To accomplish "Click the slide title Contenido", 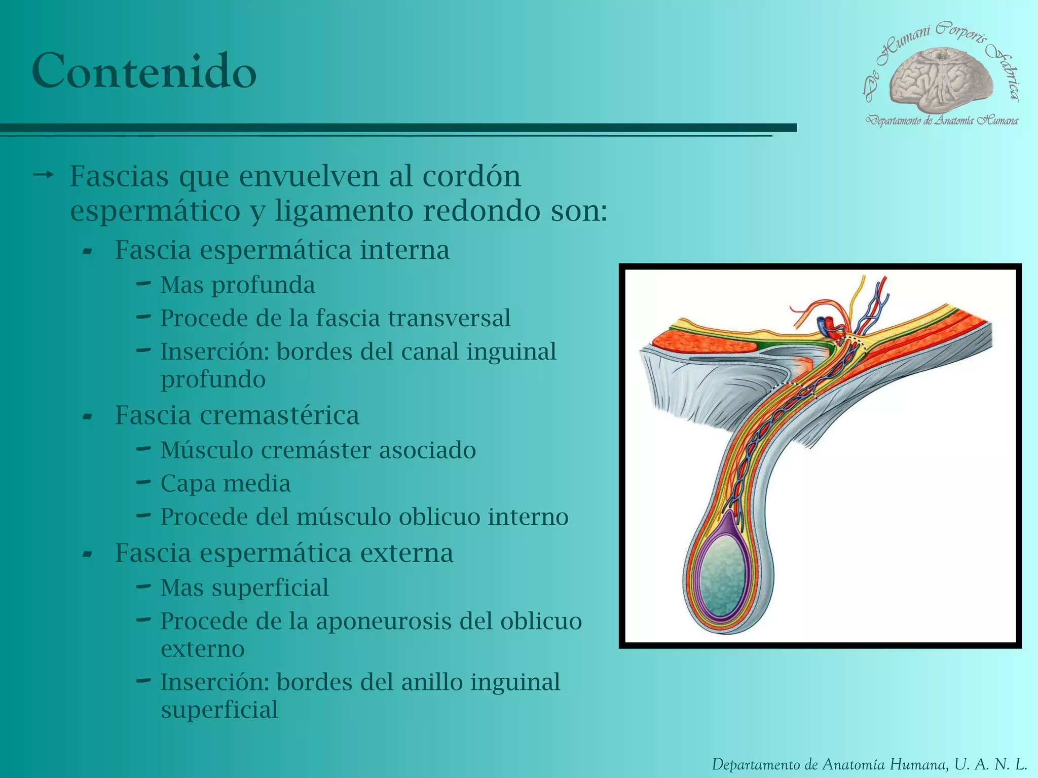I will click(144, 71).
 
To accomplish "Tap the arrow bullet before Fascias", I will click(43, 176).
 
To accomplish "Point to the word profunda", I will click(263, 285).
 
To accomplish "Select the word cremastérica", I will click(279, 415).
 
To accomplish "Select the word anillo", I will click(431, 682).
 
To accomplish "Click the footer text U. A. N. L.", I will click(990, 764).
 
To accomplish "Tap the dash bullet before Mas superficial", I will click(143, 587).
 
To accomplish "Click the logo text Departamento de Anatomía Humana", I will click(942, 121).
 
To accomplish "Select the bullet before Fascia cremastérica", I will click(88, 417).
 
